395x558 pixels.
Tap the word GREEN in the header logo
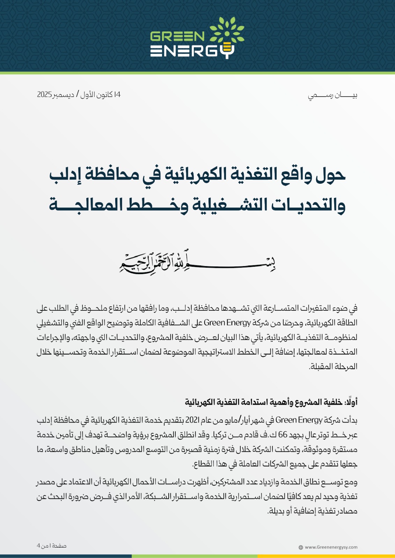point(177,36)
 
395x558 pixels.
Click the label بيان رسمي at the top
point(332,95)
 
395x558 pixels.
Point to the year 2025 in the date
point(44,95)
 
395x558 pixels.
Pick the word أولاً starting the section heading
point(351,402)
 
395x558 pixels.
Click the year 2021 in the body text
point(192,420)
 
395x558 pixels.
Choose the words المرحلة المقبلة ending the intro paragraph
point(333,367)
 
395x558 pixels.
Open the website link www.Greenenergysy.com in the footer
point(331,547)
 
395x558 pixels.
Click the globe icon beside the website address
point(301,548)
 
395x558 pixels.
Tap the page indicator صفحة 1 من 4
point(52,546)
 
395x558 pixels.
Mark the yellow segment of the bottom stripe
point(326,556)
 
